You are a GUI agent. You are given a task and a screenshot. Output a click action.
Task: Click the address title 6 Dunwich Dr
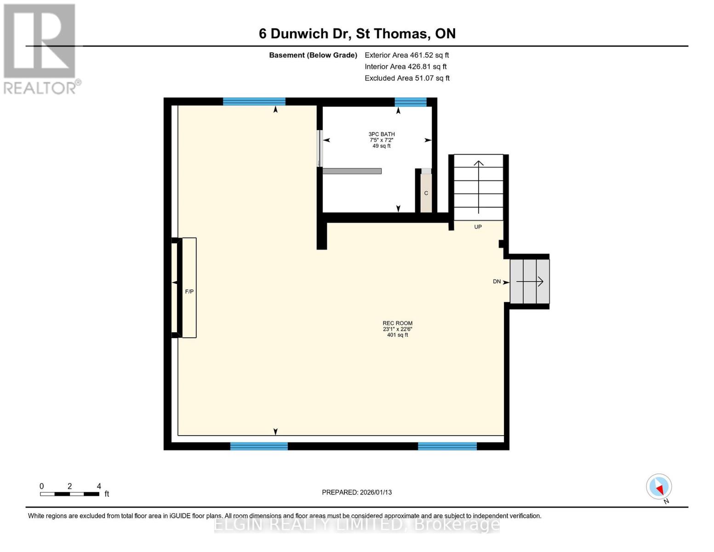[357, 34]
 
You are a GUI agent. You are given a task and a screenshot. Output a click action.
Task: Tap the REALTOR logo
[40, 49]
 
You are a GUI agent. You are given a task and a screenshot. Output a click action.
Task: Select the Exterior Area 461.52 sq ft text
[406, 55]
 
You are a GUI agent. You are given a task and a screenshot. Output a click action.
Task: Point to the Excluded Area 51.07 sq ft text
[407, 78]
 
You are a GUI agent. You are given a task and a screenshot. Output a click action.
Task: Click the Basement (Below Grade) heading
[313, 55]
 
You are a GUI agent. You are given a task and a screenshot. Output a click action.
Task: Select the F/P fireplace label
[189, 292]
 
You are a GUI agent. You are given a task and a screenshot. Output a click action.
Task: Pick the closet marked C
[426, 193]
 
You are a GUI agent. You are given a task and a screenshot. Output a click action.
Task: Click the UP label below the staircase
[478, 227]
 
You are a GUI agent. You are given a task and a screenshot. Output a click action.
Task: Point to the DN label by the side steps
[497, 282]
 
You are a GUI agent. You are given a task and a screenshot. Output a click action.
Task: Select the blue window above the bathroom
[410, 102]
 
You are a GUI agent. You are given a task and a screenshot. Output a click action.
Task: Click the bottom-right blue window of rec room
[447, 446]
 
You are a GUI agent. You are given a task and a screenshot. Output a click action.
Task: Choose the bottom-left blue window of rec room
[259, 446]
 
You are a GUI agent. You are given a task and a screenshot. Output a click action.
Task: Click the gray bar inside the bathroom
[352, 171]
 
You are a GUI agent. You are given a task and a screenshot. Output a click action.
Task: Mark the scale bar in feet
[69, 494]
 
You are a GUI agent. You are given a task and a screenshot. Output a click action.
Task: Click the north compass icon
[659, 487]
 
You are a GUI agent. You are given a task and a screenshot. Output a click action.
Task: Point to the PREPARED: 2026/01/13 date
[357, 492]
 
